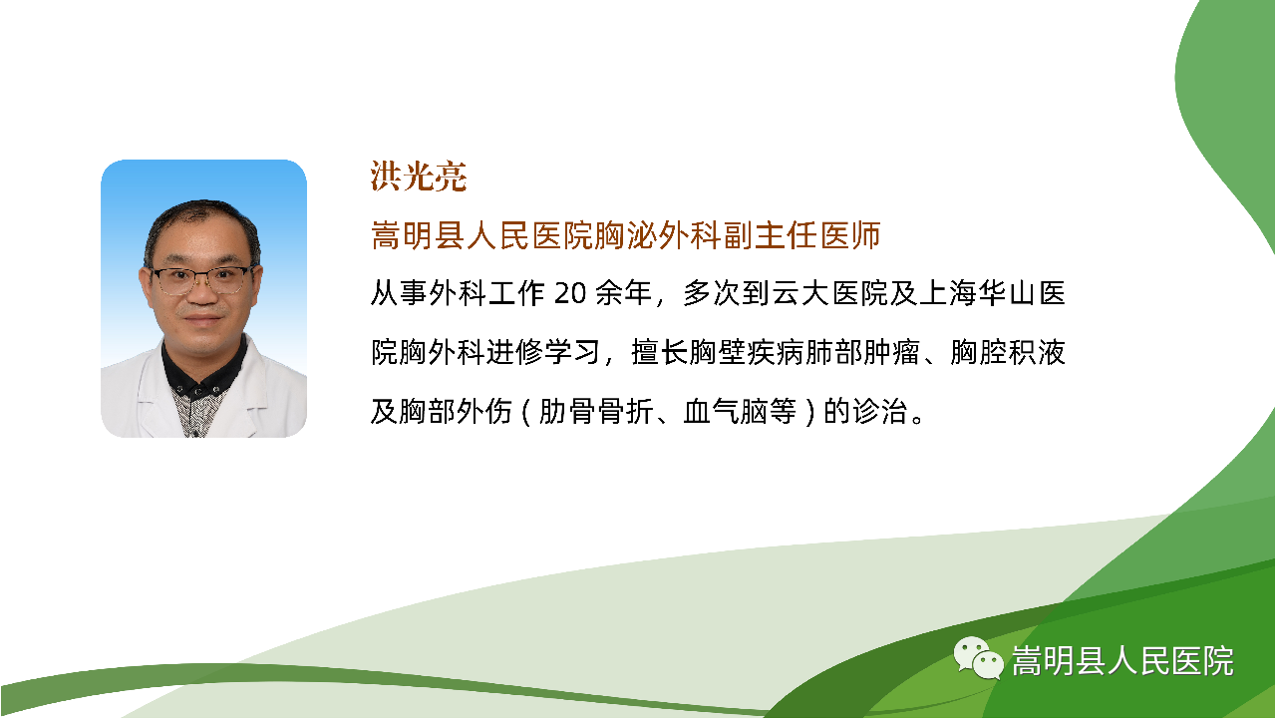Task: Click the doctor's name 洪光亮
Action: (419, 177)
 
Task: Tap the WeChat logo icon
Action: (978, 658)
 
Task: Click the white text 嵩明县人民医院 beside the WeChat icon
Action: (1122, 661)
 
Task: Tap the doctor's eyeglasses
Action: (201, 280)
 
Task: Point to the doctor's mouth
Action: (202, 318)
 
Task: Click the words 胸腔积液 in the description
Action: (1008, 352)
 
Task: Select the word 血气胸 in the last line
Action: (725, 411)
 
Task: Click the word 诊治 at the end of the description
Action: (880, 411)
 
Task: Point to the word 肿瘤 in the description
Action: (891, 352)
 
